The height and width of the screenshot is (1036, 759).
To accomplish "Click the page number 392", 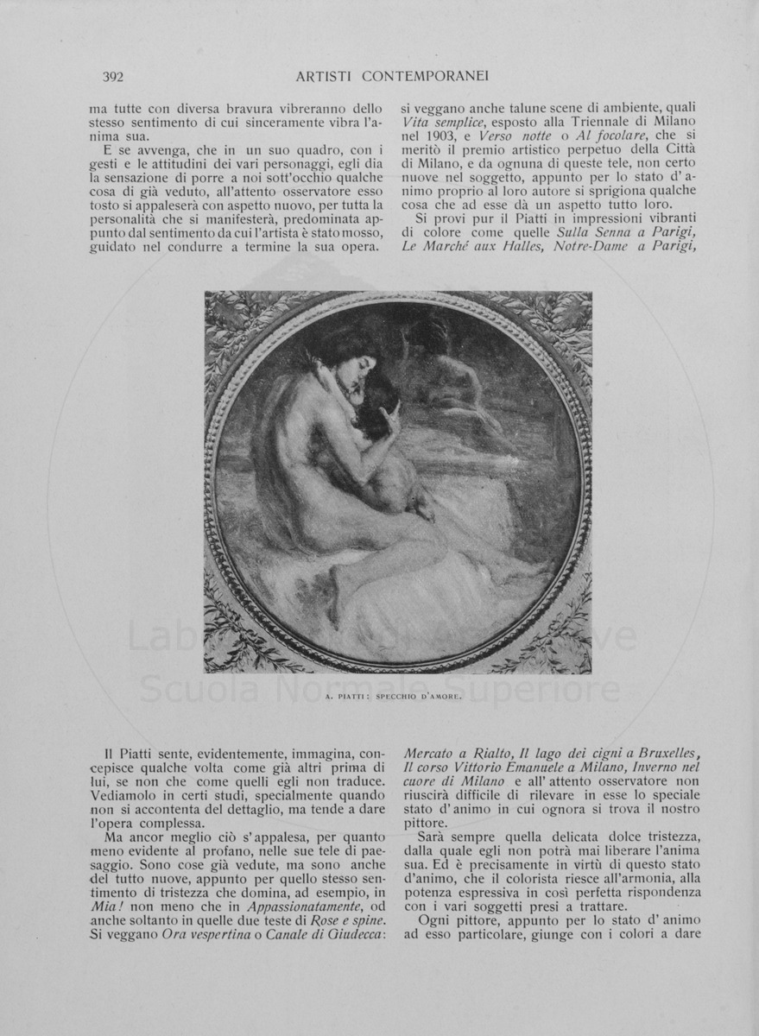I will (x=113, y=77).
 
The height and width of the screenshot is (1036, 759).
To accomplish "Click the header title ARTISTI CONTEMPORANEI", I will (x=392, y=77).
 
